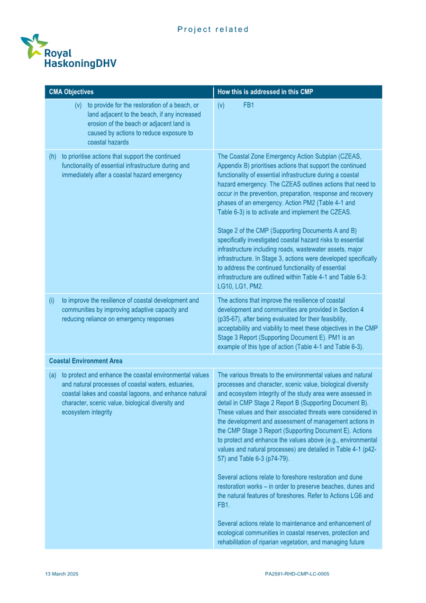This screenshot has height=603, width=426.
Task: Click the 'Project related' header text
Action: (213, 29)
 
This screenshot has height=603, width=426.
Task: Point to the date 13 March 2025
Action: (62, 574)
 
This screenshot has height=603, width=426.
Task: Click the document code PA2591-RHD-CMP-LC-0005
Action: (297, 574)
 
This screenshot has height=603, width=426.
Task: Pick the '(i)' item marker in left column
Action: (52, 300)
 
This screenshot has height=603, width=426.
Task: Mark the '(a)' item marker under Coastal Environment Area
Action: (53, 375)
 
